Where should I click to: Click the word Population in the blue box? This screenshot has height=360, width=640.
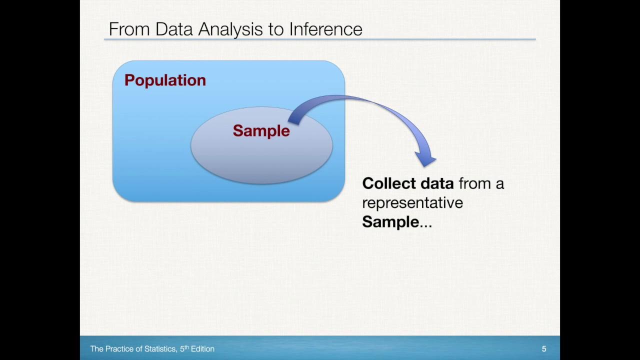pyautogui.click(x=165, y=80)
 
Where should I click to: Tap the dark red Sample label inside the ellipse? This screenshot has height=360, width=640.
pyautogui.click(x=261, y=131)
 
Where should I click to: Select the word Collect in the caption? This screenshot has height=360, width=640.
pyautogui.click(x=389, y=183)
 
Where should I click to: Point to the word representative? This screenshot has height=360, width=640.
pyautogui.click(x=412, y=203)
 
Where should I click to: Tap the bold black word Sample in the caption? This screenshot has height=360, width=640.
pyautogui.click(x=390, y=222)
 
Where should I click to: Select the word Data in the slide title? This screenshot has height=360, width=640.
pyautogui.click(x=174, y=29)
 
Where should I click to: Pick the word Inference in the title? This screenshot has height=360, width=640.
pyautogui.click(x=325, y=29)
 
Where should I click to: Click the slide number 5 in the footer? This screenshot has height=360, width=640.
pyautogui.click(x=544, y=349)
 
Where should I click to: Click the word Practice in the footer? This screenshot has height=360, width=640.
pyautogui.click(x=122, y=349)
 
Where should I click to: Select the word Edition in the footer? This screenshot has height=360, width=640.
pyautogui.click(x=202, y=349)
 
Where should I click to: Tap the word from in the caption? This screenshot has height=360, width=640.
pyautogui.click(x=474, y=183)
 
